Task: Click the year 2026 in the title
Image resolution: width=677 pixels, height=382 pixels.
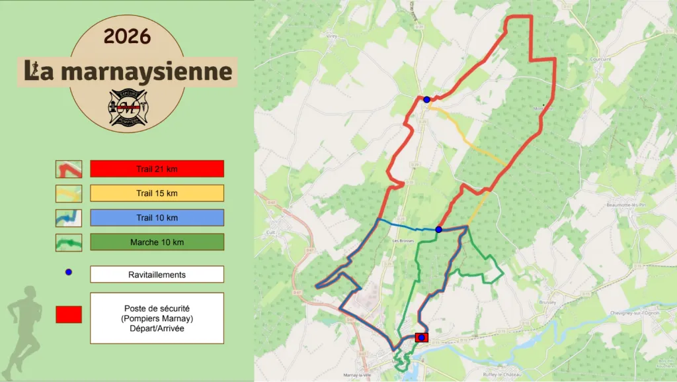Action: coord(127,36)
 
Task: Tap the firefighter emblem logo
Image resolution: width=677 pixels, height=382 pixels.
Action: coord(127,108)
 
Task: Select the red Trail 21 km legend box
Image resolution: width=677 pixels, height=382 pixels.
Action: coord(157,169)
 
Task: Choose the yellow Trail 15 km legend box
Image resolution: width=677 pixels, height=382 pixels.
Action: coord(157,193)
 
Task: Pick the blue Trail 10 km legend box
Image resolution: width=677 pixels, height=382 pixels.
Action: coord(157,218)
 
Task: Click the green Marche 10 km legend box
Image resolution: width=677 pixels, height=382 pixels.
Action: coord(157,242)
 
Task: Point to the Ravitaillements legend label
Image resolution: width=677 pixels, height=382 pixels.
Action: coord(157,274)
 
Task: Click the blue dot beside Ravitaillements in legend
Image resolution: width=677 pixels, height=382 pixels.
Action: coord(69,272)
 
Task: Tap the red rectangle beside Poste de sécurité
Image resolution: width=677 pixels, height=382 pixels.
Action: coord(69,314)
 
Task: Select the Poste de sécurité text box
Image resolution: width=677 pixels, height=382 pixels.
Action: coord(157,318)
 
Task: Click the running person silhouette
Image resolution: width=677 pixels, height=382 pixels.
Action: coord(24,328)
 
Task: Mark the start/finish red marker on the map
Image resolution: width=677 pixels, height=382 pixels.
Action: coord(421,338)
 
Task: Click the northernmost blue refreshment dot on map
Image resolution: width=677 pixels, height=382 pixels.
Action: coord(427,100)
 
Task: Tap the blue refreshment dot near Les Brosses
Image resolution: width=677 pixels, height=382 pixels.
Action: coord(438,230)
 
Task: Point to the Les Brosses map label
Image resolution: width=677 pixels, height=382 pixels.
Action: coord(402,240)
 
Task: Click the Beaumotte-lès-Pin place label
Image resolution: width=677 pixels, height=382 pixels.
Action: coord(624,205)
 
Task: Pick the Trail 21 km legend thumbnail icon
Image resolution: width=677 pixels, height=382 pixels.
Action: coord(69,169)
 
